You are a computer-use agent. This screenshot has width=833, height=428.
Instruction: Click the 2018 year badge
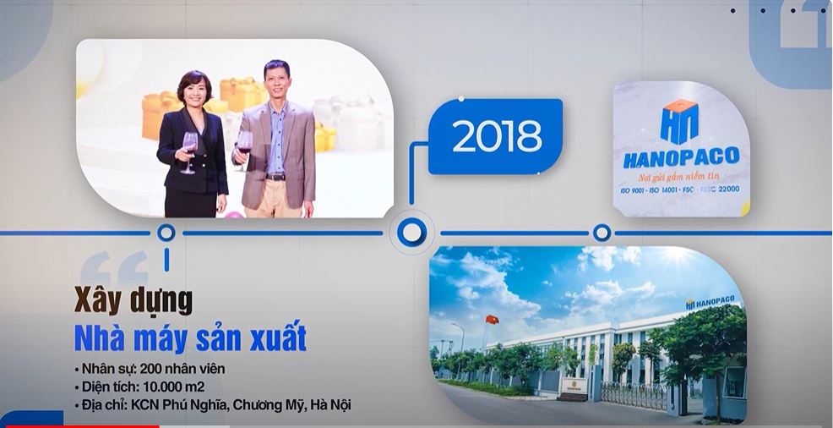pyautogui.click(x=495, y=136)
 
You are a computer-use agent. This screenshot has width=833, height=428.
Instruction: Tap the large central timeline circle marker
pyautogui.click(x=411, y=233)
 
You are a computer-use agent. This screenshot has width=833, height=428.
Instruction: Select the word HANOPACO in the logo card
pyautogui.click(x=681, y=157)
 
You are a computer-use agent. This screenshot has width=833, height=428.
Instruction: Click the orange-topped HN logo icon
pyautogui.click(x=679, y=122)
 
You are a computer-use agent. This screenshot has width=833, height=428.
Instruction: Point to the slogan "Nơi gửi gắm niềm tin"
pyautogui.click(x=681, y=177)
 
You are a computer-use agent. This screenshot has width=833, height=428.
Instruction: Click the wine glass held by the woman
pyautogui.click(x=189, y=151)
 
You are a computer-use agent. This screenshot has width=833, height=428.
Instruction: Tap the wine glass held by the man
pyautogui.click(x=244, y=150)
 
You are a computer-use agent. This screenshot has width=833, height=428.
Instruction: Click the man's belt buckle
pyautogui.click(x=275, y=177)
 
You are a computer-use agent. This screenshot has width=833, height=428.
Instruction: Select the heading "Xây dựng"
pyautogui.click(x=133, y=301)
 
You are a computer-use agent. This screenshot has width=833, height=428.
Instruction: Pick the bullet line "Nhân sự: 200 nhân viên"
pyautogui.click(x=150, y=369)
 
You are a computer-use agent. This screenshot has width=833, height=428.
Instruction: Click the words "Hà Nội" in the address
pyautogui.click(x=331, y=405)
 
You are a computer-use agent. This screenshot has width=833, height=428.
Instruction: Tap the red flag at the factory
pyautogui.click(x=492, y=320)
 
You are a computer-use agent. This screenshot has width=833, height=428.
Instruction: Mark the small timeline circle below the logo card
pyautogui.click(x=602, y=233)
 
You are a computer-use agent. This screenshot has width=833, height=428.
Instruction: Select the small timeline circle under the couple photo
pyautogui.click(x=166, y=233)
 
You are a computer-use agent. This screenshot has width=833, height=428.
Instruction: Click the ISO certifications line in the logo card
pyautogui.click(x=680, y=189)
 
